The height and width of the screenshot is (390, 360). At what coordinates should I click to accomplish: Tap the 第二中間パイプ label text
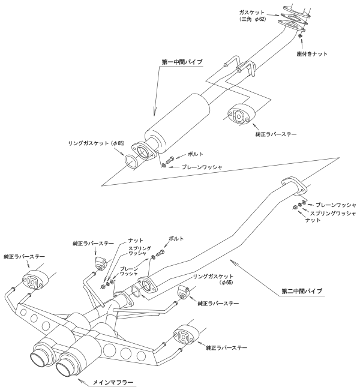click(x=302, y=291)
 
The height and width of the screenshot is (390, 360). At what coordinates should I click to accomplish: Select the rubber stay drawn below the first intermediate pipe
click(x=238, y=115)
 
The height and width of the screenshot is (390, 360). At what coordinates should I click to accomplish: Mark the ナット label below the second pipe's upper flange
click(x=313, y=221)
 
